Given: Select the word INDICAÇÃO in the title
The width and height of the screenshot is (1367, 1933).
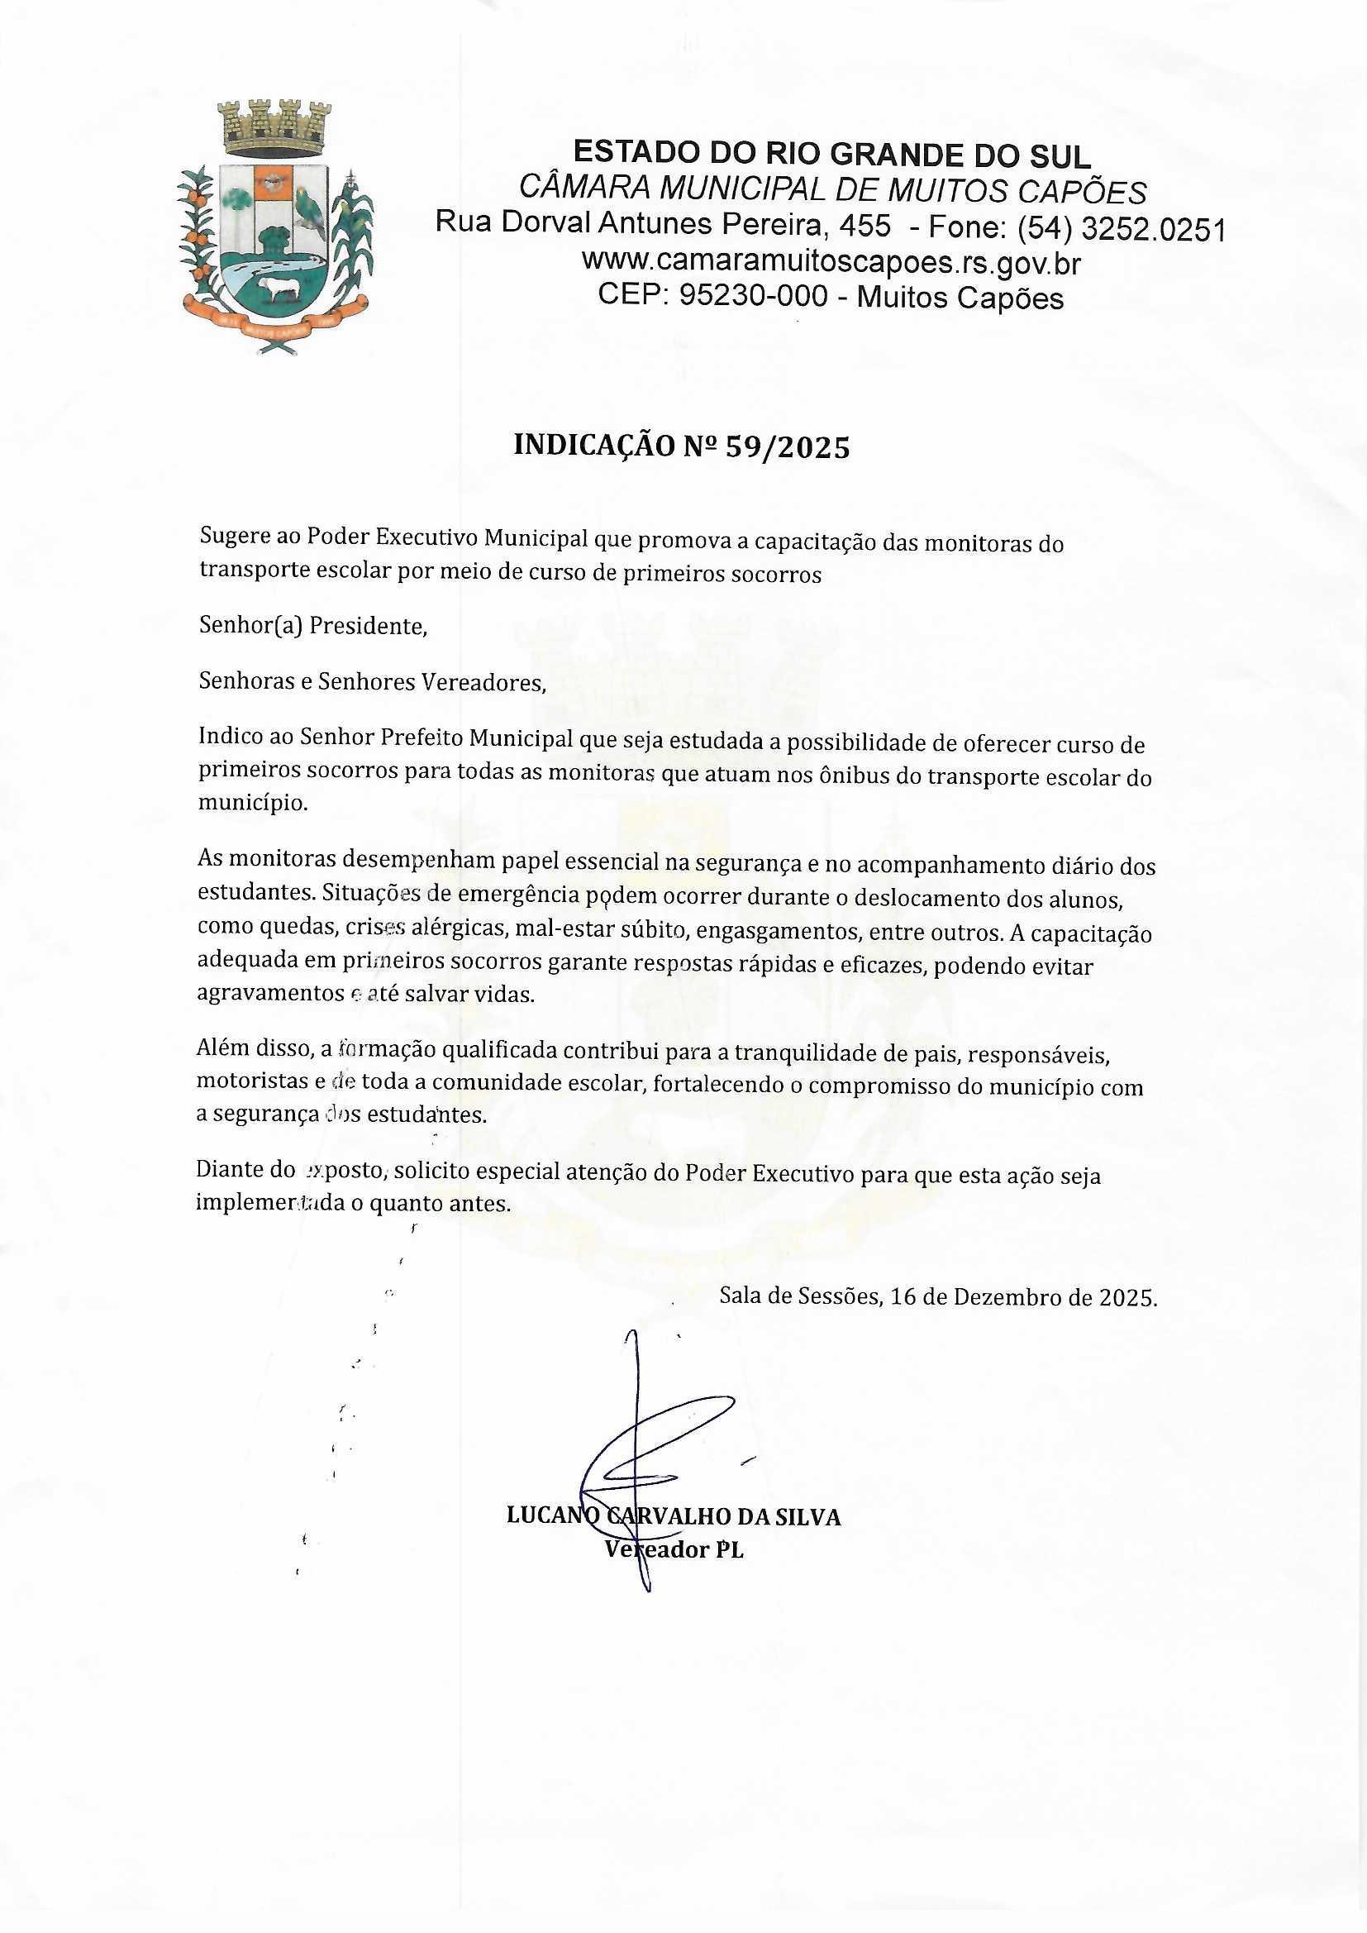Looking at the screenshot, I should tap(589, 447).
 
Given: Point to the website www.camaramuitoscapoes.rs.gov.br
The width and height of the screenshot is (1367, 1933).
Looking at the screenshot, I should tap(831, 263).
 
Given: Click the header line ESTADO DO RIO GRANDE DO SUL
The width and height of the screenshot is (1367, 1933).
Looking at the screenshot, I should tap(831, 154).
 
